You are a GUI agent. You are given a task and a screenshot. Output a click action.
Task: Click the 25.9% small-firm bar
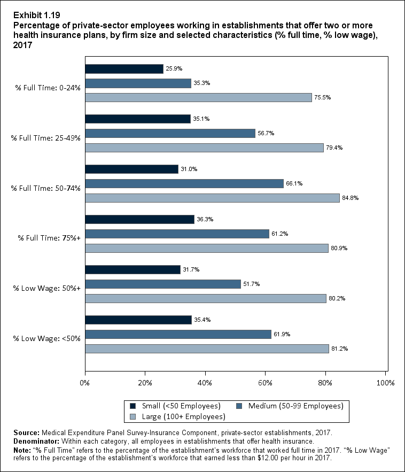[x=124, y=69]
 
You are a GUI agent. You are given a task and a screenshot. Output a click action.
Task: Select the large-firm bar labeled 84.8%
[x=212, y=198]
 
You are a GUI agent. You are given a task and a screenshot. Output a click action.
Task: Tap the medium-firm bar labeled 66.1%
[x=184, y=183]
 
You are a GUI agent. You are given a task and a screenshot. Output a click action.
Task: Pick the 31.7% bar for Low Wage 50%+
[x=133, y=269]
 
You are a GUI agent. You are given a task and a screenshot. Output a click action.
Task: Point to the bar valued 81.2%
[x=207, y=349]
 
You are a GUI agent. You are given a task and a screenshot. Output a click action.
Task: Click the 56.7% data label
[x=266, y=134]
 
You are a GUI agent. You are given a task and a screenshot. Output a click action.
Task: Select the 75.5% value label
[x=322, y=98]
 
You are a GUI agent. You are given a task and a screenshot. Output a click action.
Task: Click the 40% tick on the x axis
[x=205, y=383]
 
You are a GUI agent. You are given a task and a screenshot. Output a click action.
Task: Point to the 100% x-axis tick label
[x=385, y=383]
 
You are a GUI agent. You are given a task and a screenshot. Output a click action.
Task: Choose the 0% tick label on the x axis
[x=85, y=383]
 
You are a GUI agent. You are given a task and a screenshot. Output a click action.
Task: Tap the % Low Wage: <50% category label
[x=46, y=338]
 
